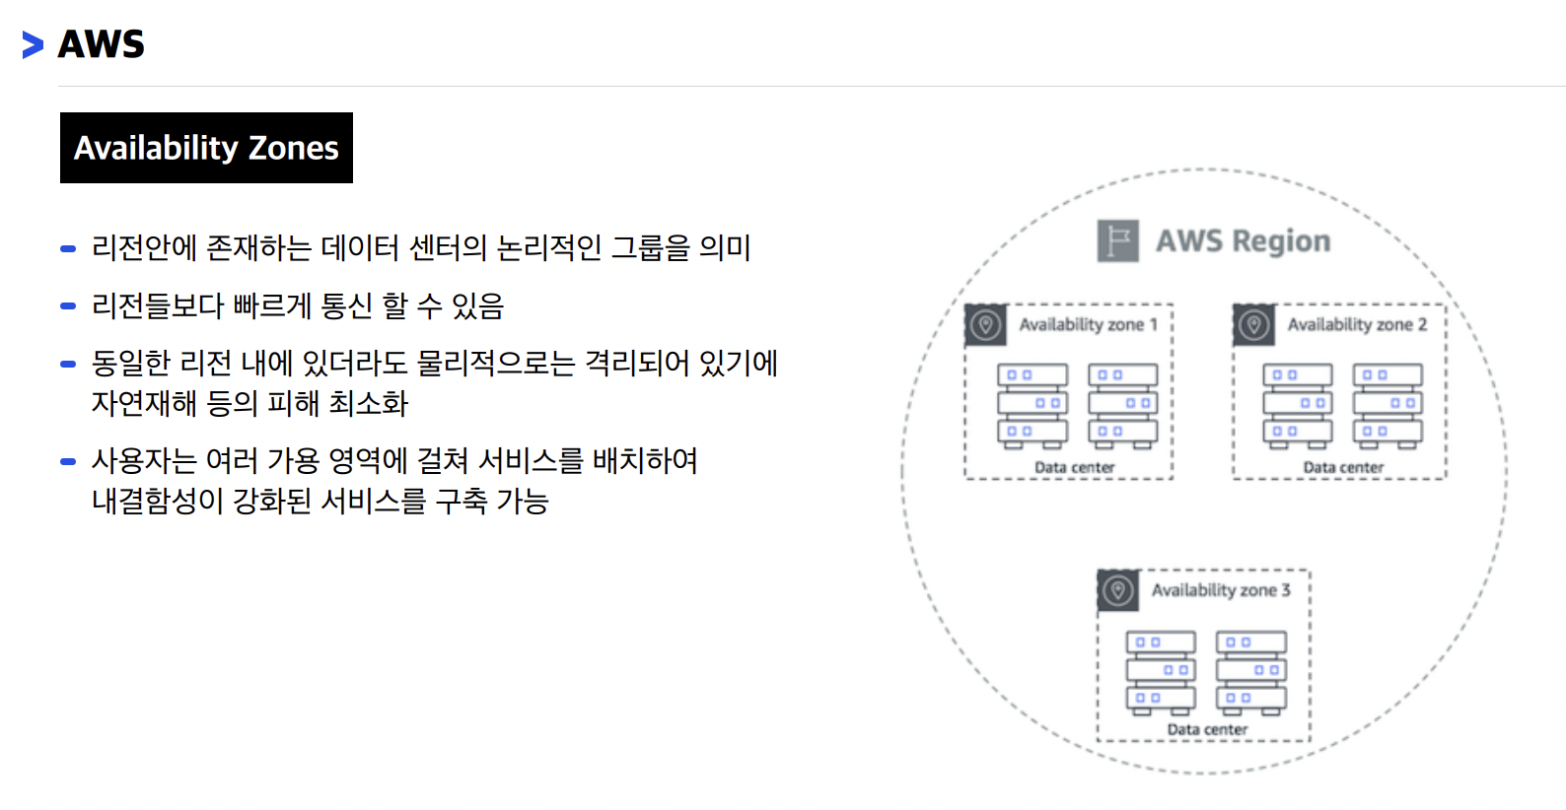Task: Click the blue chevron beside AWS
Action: [x=33, y=44]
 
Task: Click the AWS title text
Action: [x=102, y=44]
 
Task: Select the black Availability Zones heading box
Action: [x=206, y=148]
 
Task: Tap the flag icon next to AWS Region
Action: [x=1117, y=240]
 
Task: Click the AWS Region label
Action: [x=1243, y=240]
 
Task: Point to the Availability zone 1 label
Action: [x=1088, y=324]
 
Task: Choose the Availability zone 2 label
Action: [x=1356, y=324]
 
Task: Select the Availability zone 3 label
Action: [x=1220, y=590]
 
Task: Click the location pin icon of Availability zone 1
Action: [x=985, y=324]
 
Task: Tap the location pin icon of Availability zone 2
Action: [x=1253, y=324]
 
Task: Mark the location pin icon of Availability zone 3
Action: [x=1118, y=590]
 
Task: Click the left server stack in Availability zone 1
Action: [x=1032, y=406]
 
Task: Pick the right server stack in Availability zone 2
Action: [x=1388, y=406]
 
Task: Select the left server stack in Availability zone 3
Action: [x=1161, y=672]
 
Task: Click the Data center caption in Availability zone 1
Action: [x=1074, y=467]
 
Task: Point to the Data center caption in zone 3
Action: [x=1207, y=729]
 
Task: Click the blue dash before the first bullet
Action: [x=68, y=248]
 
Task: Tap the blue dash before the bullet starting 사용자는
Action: [x=68, y=461]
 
